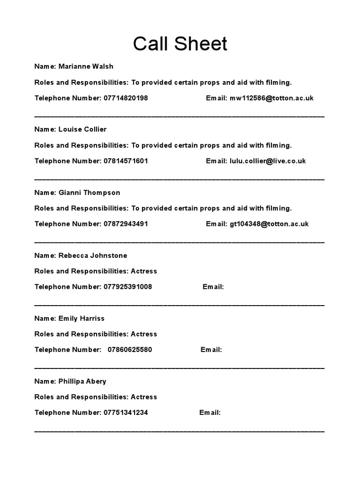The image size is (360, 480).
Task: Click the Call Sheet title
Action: (x=180, y=44)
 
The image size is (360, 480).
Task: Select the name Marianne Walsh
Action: (x=86, y=67)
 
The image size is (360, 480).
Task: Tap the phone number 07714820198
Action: (x=126, y=98)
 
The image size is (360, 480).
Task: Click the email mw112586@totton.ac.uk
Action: (x=271, y=98)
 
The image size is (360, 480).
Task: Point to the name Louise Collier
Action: (x=82, y=129)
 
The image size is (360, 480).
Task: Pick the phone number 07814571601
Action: (x=126, y=161)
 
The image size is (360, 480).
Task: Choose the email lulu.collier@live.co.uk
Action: (x=268, y=161)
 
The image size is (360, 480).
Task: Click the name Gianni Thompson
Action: (x=89, y=193)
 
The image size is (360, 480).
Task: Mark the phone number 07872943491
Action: (x=126, y=224)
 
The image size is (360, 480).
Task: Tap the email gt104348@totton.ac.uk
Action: (x=269, y=224)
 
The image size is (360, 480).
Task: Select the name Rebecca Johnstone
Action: (x=93, y=255)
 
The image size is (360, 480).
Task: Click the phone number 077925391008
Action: (x=128, y=287)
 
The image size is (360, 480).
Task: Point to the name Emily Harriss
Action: (x=82, y=318)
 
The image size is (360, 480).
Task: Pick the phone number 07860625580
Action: (x=130, y=350)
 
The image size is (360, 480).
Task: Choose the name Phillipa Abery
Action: (x=82, y=382)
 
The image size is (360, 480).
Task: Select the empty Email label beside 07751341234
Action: (x=210, y=413)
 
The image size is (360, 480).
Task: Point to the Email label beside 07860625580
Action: (x=211, y=350)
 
